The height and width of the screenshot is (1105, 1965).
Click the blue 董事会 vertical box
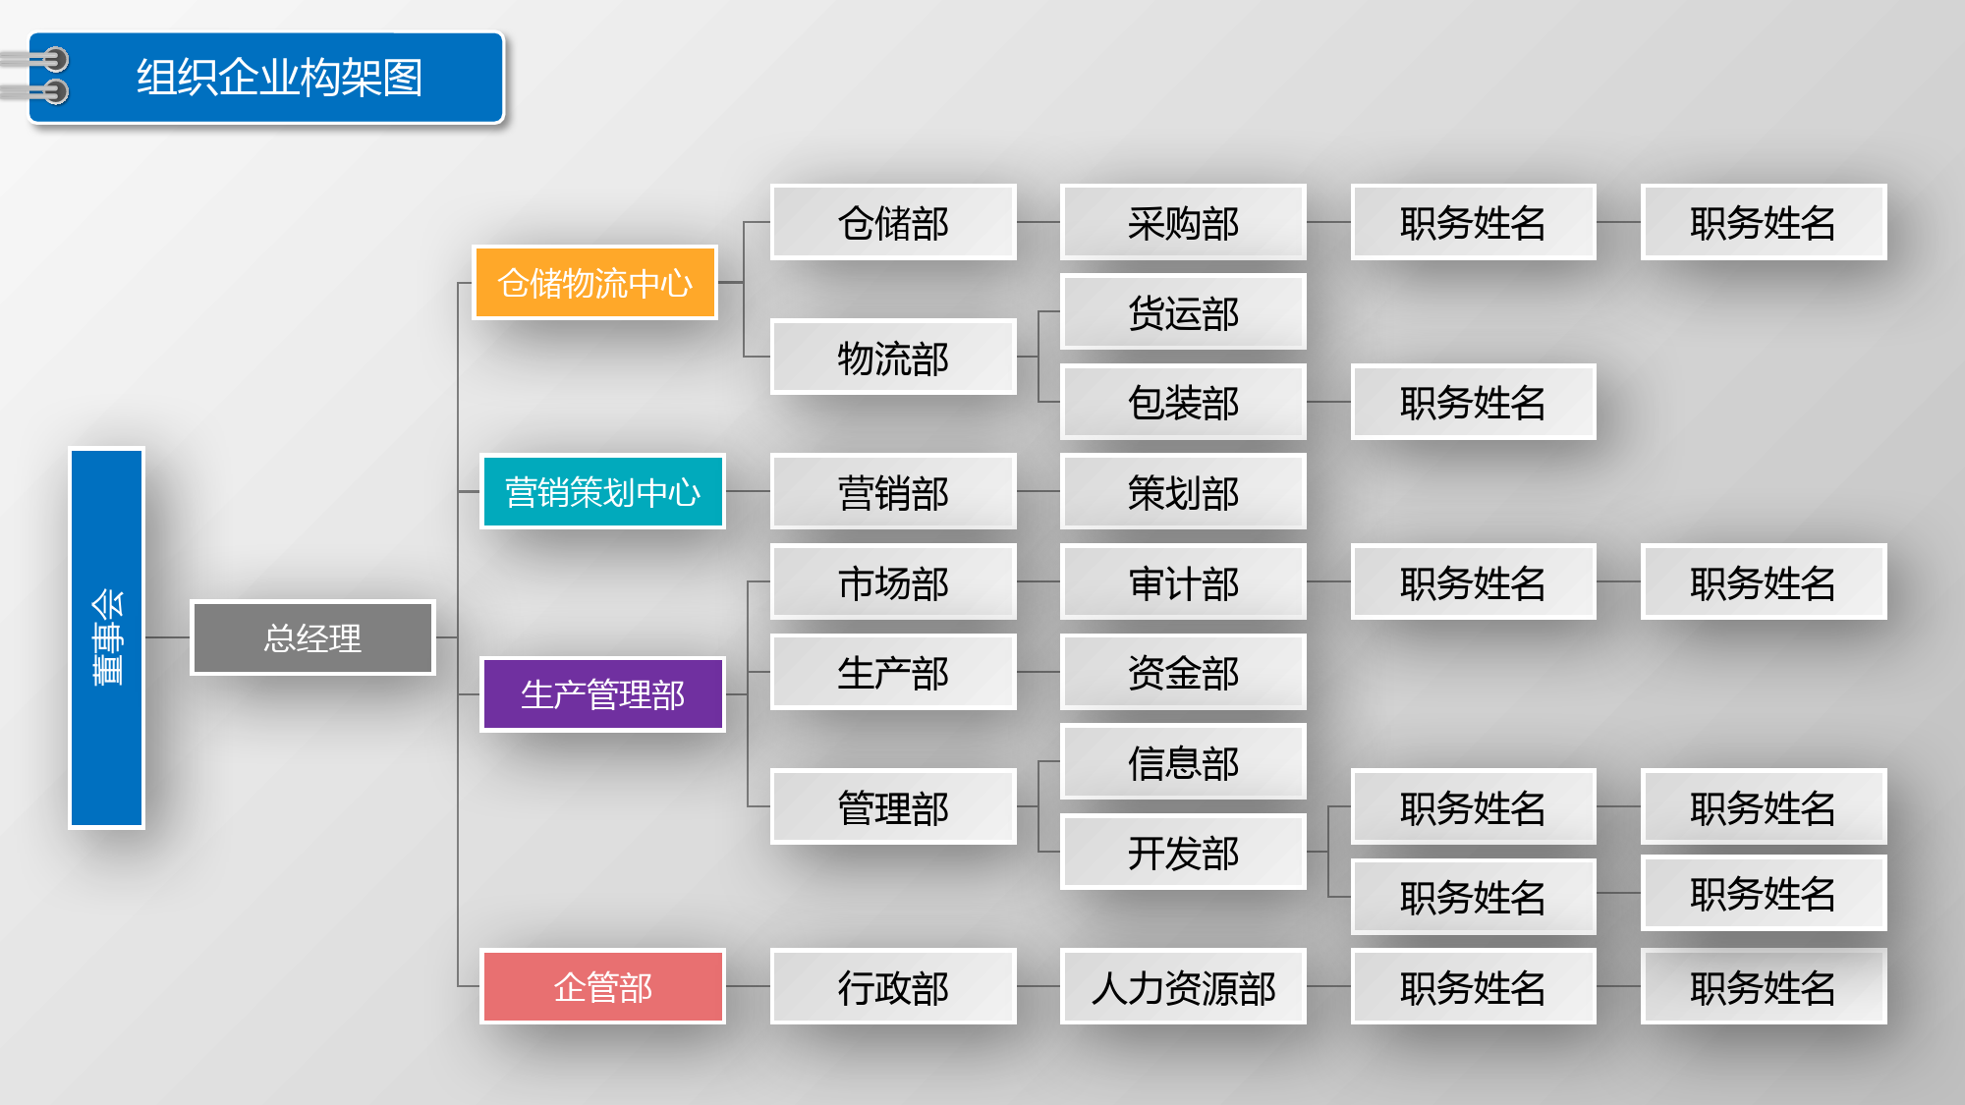point(107,637)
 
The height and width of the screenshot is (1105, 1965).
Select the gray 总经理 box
point(312,637)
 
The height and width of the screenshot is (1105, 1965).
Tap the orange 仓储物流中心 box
point(595,283)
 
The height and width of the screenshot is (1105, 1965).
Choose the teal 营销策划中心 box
point(602,491)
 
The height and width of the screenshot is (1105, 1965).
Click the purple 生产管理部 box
point(602,694)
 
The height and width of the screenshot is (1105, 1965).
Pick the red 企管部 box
point(602,986)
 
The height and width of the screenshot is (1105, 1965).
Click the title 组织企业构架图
point(279,78)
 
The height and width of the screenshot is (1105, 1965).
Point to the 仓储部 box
point(893,222)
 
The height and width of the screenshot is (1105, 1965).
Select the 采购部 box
point(1183,222)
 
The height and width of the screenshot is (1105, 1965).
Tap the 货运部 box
point(1183,312)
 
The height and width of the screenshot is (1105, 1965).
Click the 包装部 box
point(1183,402)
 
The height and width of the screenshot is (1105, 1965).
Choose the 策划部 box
point(1183,491)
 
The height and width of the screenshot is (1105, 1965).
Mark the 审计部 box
point(1183,581)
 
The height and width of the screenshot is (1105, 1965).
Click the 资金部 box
point(1183,672)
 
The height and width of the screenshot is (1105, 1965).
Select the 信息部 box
point(1183,762)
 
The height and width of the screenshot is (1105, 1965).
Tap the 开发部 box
point(1183,852)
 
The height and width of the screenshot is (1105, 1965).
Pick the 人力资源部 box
point(1183,986)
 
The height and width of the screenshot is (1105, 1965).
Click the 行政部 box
point(893,986)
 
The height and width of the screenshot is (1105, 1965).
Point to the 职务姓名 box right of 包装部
point(1473,402)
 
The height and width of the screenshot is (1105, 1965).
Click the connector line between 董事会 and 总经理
point(168,637)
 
